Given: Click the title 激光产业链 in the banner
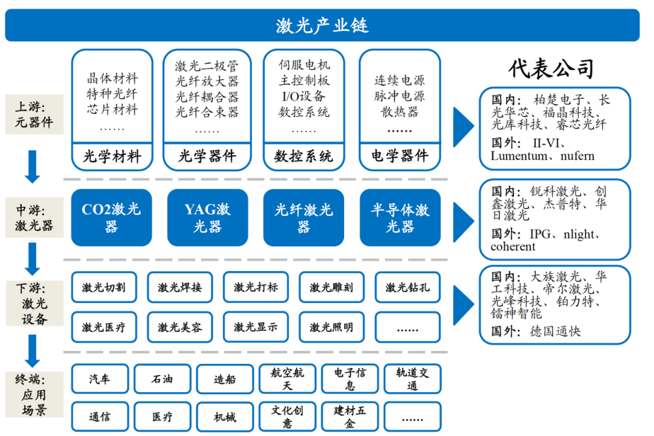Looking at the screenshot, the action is tap(322, 26).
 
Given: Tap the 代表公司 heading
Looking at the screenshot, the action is tap(551, 68).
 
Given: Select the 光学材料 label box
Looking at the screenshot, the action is tap(112, 156).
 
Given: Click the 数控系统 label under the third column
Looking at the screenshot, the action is tap(303, 156).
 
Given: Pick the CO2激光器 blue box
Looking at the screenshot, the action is tap(111, 217).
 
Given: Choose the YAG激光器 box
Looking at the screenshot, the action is tap(208, 217).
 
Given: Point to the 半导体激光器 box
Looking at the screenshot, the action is tap(400, 217).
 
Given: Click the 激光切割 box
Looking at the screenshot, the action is tap(104, 287).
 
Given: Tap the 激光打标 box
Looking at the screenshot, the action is tap(256, 287).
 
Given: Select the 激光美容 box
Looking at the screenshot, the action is tap(180, 327).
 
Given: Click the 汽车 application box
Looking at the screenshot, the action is tap(99, 379).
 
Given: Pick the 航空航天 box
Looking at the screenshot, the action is tap(287, 379).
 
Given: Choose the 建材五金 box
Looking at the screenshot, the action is tap(350, 416).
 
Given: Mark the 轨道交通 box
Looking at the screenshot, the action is tap(413, 379).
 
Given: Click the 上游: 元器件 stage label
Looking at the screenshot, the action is tap(34, 115).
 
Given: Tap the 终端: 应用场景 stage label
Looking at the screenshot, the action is tap(34, 395).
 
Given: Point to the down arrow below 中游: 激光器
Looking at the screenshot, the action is tap(32, 259).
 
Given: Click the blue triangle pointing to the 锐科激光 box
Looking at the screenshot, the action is tap(464, 222).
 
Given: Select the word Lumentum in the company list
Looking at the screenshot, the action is tap(519, 156).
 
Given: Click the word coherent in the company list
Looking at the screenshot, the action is tap(513, 246).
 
